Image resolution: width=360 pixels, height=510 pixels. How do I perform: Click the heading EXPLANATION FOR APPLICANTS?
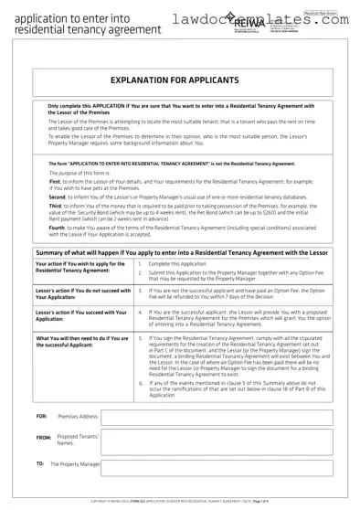(x=181, y=80)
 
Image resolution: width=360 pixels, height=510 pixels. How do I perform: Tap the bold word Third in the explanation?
(x=56, y=182)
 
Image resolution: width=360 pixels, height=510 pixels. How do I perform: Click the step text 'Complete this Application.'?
(x=177, y=239)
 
